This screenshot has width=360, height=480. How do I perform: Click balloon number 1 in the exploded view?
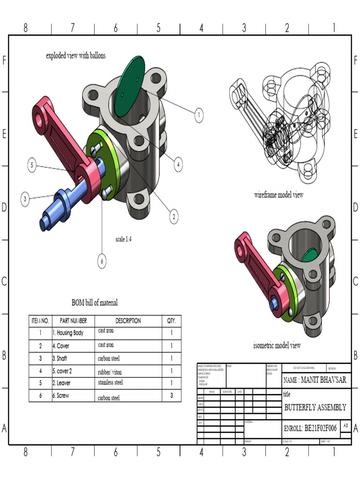pos(199,115)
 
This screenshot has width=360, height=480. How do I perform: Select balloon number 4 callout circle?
pos(178,165)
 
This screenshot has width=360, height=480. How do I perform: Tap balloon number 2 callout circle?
pos(174,217)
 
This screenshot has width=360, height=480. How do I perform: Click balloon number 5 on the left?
pos(32,165)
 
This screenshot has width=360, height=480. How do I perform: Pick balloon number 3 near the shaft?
pos(25,199)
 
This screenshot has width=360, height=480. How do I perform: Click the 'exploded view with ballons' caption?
pos(76,55)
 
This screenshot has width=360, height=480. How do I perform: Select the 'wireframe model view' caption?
pos(278,195)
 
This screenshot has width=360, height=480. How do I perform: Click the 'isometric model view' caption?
pos(277,345)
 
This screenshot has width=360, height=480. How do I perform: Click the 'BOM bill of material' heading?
pos(95,302)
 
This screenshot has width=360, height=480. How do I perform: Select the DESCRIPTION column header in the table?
pos(128,321)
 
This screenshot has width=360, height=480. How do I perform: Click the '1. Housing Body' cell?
pos(68,333)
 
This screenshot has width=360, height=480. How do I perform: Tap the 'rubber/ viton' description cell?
pos(110,371)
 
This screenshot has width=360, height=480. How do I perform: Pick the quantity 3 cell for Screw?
pos(172,395)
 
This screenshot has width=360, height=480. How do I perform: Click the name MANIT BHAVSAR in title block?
pos(315,380)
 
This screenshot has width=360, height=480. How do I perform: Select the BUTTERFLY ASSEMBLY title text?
pos(315,407)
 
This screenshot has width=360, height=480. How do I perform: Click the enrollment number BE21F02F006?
pos(310,428)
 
